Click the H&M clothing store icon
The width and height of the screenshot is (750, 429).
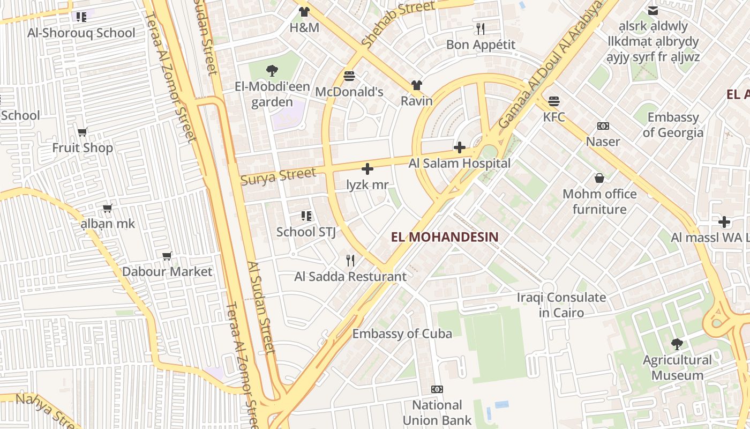(304, 12)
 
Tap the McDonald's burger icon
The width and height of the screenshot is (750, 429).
(349, 76)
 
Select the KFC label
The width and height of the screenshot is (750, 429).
(554, 116)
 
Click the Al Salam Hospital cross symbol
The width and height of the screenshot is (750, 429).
(459, 147)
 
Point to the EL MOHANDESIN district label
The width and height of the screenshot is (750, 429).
(445, 237)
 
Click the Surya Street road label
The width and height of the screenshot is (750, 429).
(278, 176)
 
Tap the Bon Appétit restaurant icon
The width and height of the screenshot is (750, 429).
(481, 29)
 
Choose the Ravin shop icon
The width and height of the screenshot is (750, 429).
(417, 85)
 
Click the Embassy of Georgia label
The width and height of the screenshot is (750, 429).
(673, 125)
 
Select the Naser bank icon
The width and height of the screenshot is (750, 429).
(603, 126)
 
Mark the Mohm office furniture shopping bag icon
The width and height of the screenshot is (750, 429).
(599, 178)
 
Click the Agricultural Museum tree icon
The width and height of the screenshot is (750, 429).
(677, 344)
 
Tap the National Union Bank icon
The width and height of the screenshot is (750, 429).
(437, 389)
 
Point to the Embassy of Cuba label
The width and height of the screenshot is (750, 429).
(402, 334)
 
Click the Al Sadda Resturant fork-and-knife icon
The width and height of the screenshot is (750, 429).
(350, 261)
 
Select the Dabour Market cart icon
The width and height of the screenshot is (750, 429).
(167, 256)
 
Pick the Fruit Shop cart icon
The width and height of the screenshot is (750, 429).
(82, 132)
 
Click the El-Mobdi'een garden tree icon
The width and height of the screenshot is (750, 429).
(272, 70)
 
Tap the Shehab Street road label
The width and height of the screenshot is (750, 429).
(397, 23)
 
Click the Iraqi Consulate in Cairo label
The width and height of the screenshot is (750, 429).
(561, 305)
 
